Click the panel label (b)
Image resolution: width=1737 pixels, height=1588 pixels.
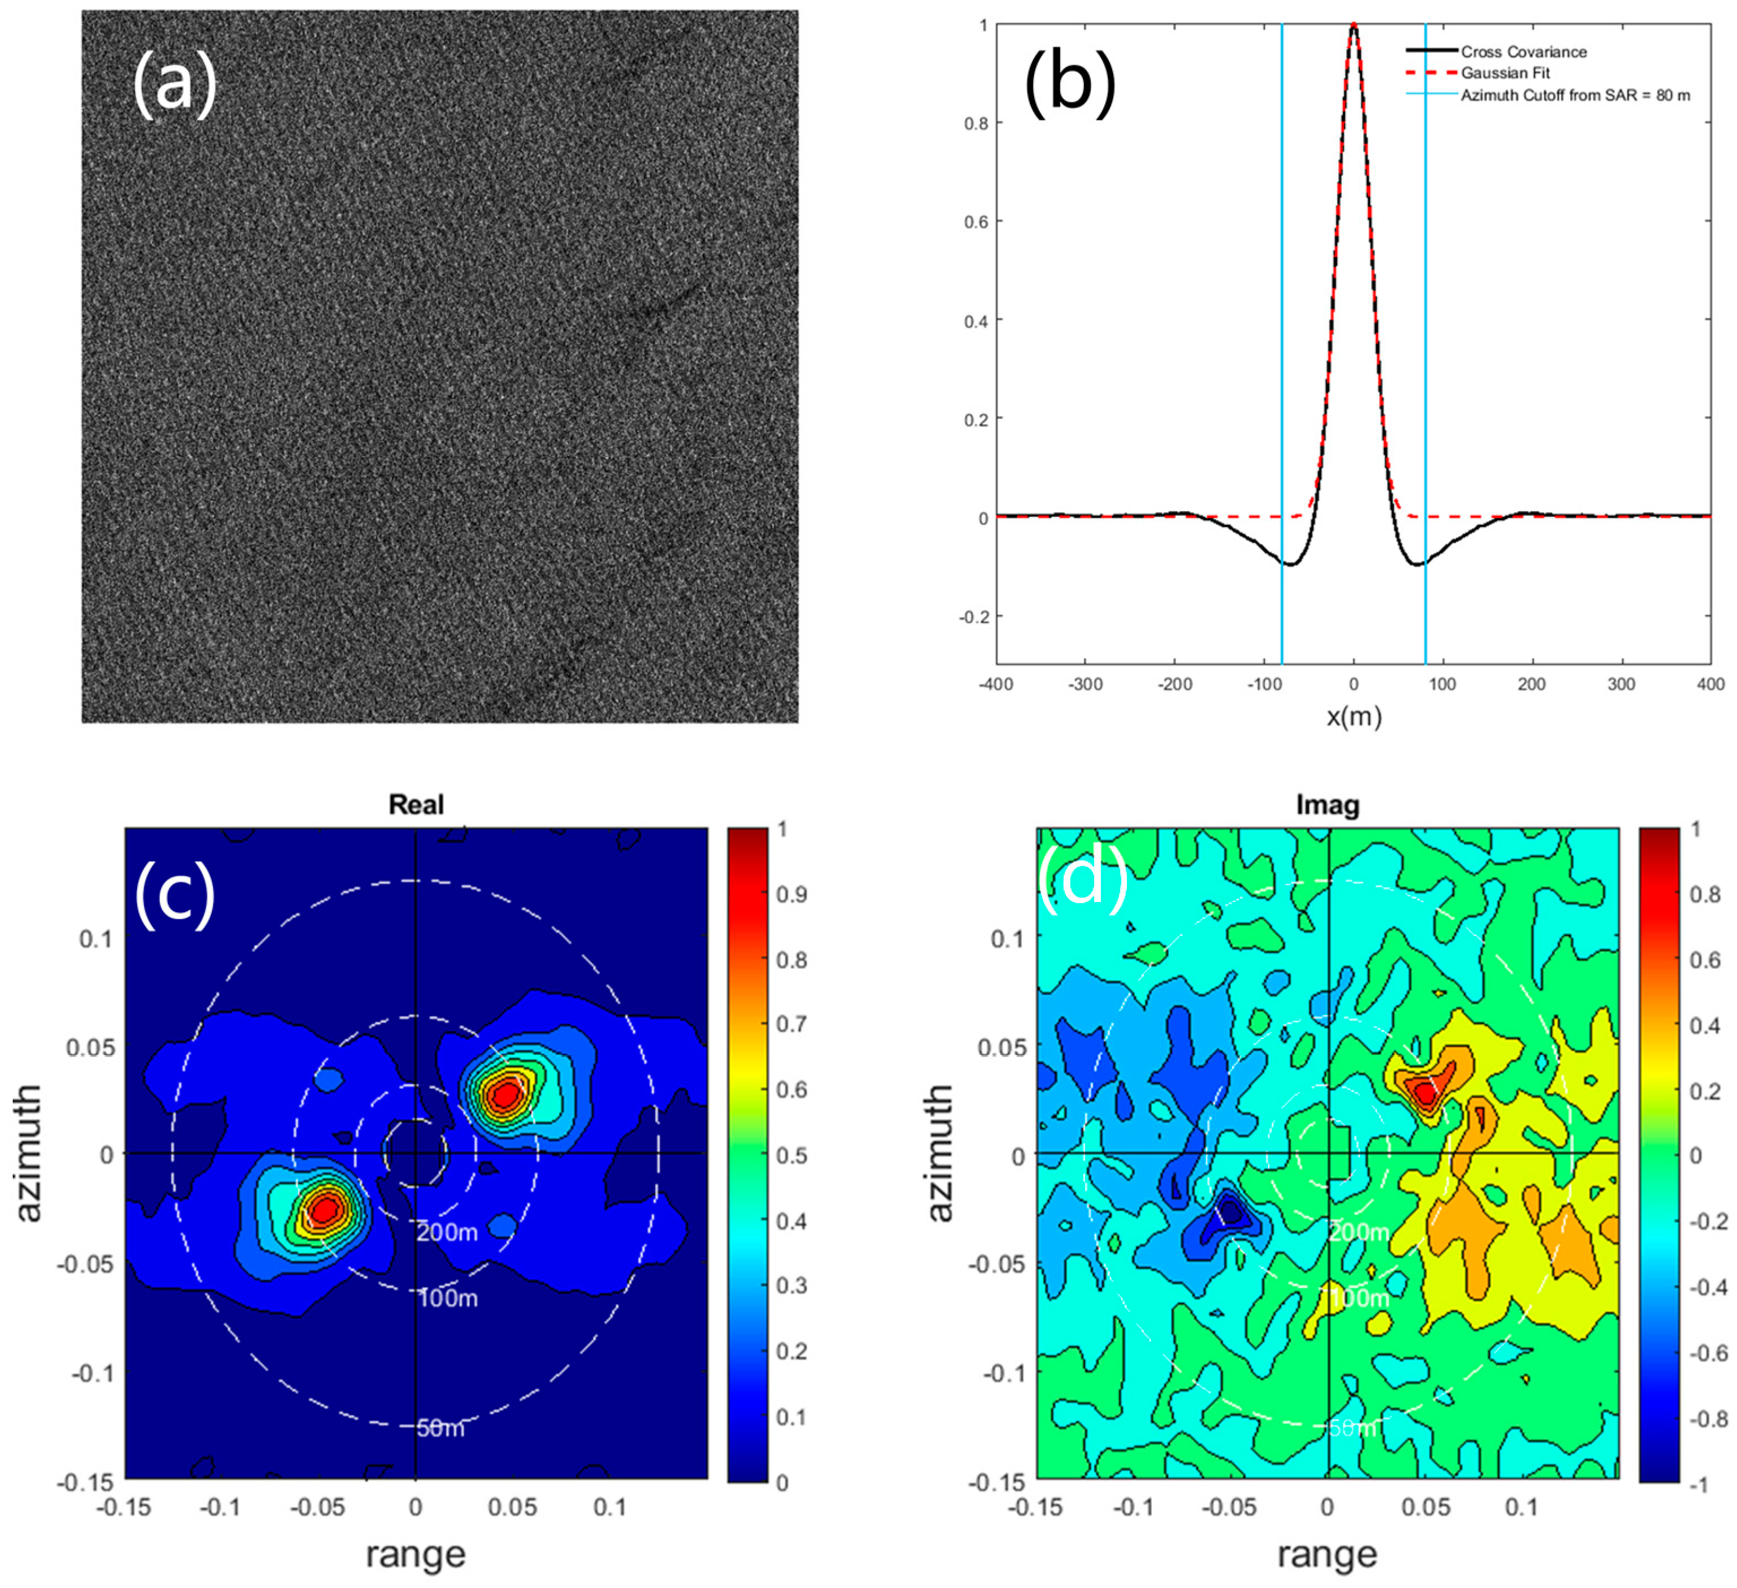pyautogui.click(x=1069, y=84)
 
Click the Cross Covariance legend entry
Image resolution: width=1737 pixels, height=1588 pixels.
pyautogui.click(x=1523, y=51)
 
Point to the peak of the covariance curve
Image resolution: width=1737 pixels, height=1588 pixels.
pyautogui.click(x=1354, y=26)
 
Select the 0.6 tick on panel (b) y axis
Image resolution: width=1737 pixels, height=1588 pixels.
pyautogui.click(x=975, y=222)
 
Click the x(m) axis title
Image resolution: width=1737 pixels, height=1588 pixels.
pyautogui.click(x=1354, y=716)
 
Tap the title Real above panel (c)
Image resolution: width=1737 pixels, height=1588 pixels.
pyautogui.click(x=416, y=805)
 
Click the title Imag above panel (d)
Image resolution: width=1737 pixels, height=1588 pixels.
pyautogui.click(x=1328, y=805)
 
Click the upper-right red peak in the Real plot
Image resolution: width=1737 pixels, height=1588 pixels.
pyautogui.click(x=505, y=1094)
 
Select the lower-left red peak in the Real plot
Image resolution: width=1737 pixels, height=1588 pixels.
pyautogui.click(x=325, y=1210)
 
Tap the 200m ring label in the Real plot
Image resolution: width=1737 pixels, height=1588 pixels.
pyautogui.click(x=447, y=1232)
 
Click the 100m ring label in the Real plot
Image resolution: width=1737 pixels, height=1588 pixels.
pyautogui.click(x=447, y=1298)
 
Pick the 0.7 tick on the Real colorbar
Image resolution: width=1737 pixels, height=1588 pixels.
pyautogui.click(x=792, y=1024)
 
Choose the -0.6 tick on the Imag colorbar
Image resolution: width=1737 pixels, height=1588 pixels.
pyautogui.click(x=1707, y=1352)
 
